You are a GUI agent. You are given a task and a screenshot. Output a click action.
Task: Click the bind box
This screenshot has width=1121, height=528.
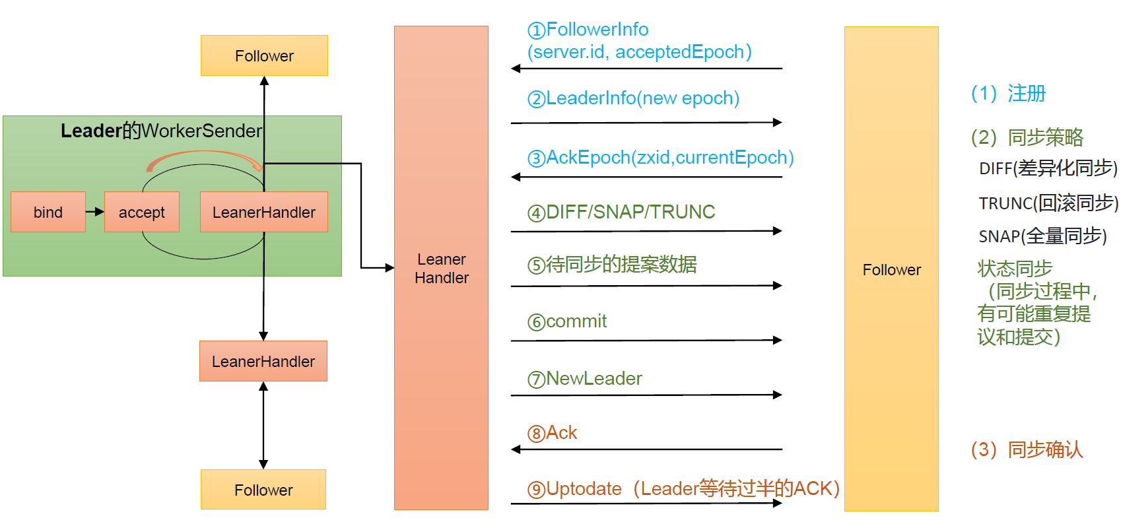tap(48, 212)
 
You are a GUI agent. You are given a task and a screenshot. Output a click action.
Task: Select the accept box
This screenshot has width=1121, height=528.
tap(142, 212)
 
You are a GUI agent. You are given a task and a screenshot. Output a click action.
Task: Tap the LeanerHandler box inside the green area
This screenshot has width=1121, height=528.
tap(264, 212)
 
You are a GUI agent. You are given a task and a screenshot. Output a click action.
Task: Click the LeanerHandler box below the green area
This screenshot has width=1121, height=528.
tap(263, 361)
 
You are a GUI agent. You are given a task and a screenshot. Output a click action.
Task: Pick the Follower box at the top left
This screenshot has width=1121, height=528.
tap(264, 55)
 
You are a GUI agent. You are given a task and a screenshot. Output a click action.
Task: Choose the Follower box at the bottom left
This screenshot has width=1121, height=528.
tap(263, 490)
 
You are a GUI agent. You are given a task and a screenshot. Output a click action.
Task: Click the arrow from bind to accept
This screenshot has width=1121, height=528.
tap(95, 212)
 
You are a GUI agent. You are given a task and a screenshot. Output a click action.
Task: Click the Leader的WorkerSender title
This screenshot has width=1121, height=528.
tap(162, 131)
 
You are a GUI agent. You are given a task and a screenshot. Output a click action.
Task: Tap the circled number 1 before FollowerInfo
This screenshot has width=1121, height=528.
tap(536, 30)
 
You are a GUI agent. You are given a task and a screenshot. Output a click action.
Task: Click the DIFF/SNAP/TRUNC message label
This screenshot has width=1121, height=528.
tap(630, 212)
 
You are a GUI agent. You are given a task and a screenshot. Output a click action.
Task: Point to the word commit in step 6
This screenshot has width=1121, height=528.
tap(576, 321)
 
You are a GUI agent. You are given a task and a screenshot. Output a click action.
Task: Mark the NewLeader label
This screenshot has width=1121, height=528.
tap(594, 379)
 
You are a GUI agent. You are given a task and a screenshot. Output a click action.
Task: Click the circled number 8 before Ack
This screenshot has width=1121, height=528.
tap(536, 434)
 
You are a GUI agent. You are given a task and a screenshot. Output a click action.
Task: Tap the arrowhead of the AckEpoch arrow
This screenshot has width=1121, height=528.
tap(516, 177)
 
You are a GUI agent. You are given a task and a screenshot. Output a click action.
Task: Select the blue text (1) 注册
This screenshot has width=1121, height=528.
tap(1008, 93)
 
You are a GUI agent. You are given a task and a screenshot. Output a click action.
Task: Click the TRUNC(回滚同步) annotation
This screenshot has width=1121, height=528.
tap(1048, 203)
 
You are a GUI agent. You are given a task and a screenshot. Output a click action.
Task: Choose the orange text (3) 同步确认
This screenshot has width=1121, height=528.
tap(1027, 449)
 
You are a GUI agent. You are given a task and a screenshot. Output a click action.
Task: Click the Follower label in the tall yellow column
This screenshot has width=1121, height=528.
tap(891, 270)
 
